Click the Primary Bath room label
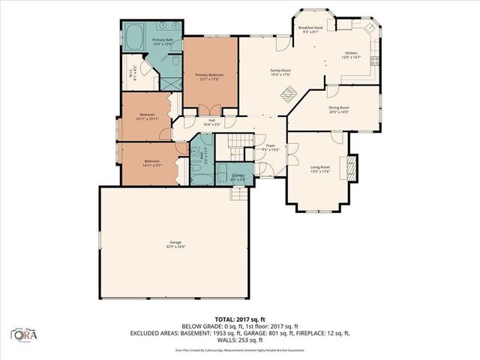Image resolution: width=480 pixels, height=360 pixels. pyautogui.click(x=163, y=39)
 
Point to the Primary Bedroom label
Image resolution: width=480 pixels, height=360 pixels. pyautogui.click(x=211, y=75)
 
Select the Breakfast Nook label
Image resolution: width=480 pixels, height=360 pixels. pyautogui.click(x=310, y=28)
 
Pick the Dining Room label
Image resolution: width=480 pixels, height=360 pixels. pyautogui.click(x=340, y=107)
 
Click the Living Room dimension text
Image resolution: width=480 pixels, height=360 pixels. pyautogui.click(x=320, y=171)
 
